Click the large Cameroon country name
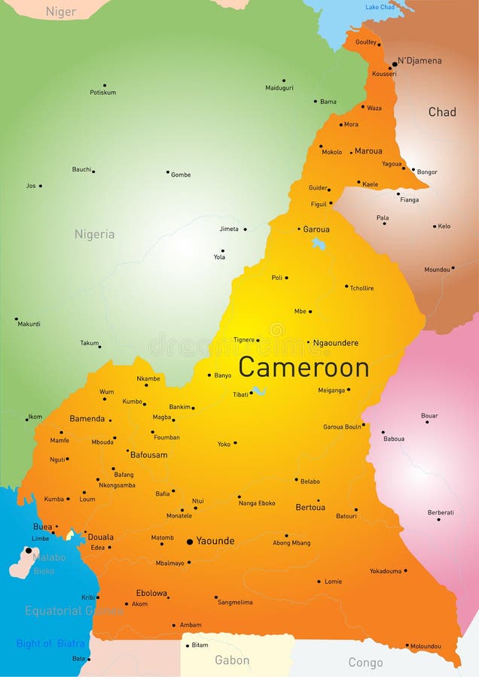pyautogui.click(x=304, y=368)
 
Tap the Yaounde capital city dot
pyautogui.click(x=190, y=541)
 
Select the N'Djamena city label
pyautogui.click(x=420, y=61)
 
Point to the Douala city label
pyautogui.click(x=101, y=537)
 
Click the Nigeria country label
pyautogui.click(x=94, y=234)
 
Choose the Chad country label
pyautogui.click(x=442, y=112)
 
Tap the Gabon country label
pyautogui.click(x=232, y=660)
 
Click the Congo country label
pyautogui.click(x=365, y=663)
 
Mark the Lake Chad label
pyautogui.click(x=380, y=8)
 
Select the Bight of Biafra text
pyautogui.click(x=50, y=643)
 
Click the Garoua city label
pyautogui.click(x=316, y=229)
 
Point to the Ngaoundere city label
pyautogui.click(x=335, y=343)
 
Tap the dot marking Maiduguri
pyautogui.click(x=284, y=80)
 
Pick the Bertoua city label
pyautogui.click(x=310, y=508)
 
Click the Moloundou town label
pyautogui.click(x=426, y=646)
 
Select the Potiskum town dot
pyautogui.click(x=104, y=85)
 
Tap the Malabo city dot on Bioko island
pyautogui.click(x=29, y=550)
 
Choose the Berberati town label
pyautogui.click(x=441, y=512)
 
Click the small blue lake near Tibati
pyautogui.click(x=258, y=390)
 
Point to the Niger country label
pyautogui.click(x=61, y=11)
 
